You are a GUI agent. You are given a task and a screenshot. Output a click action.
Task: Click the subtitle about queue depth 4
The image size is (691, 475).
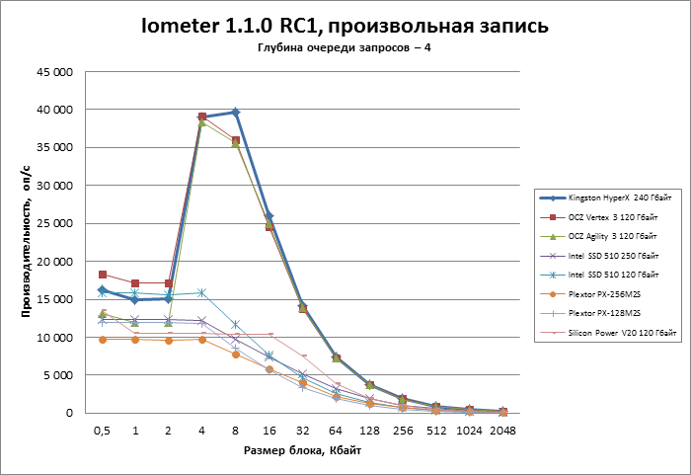pos(345,49)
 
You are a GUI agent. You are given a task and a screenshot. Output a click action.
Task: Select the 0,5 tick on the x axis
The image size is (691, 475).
pos(102,431)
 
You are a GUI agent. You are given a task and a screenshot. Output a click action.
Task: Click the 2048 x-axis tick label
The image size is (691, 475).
pos(503,431)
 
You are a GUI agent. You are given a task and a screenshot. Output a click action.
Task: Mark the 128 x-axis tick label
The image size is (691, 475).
pos(369,431)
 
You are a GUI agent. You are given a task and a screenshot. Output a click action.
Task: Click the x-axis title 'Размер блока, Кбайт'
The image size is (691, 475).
pos(302,451)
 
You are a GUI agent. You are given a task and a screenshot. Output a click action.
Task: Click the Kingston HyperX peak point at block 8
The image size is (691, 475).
pos(236,113)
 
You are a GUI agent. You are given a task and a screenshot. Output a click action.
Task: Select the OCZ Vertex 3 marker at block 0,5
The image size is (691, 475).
pos(102,275)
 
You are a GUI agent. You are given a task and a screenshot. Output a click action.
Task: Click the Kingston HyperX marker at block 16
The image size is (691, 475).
pos(269,216)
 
